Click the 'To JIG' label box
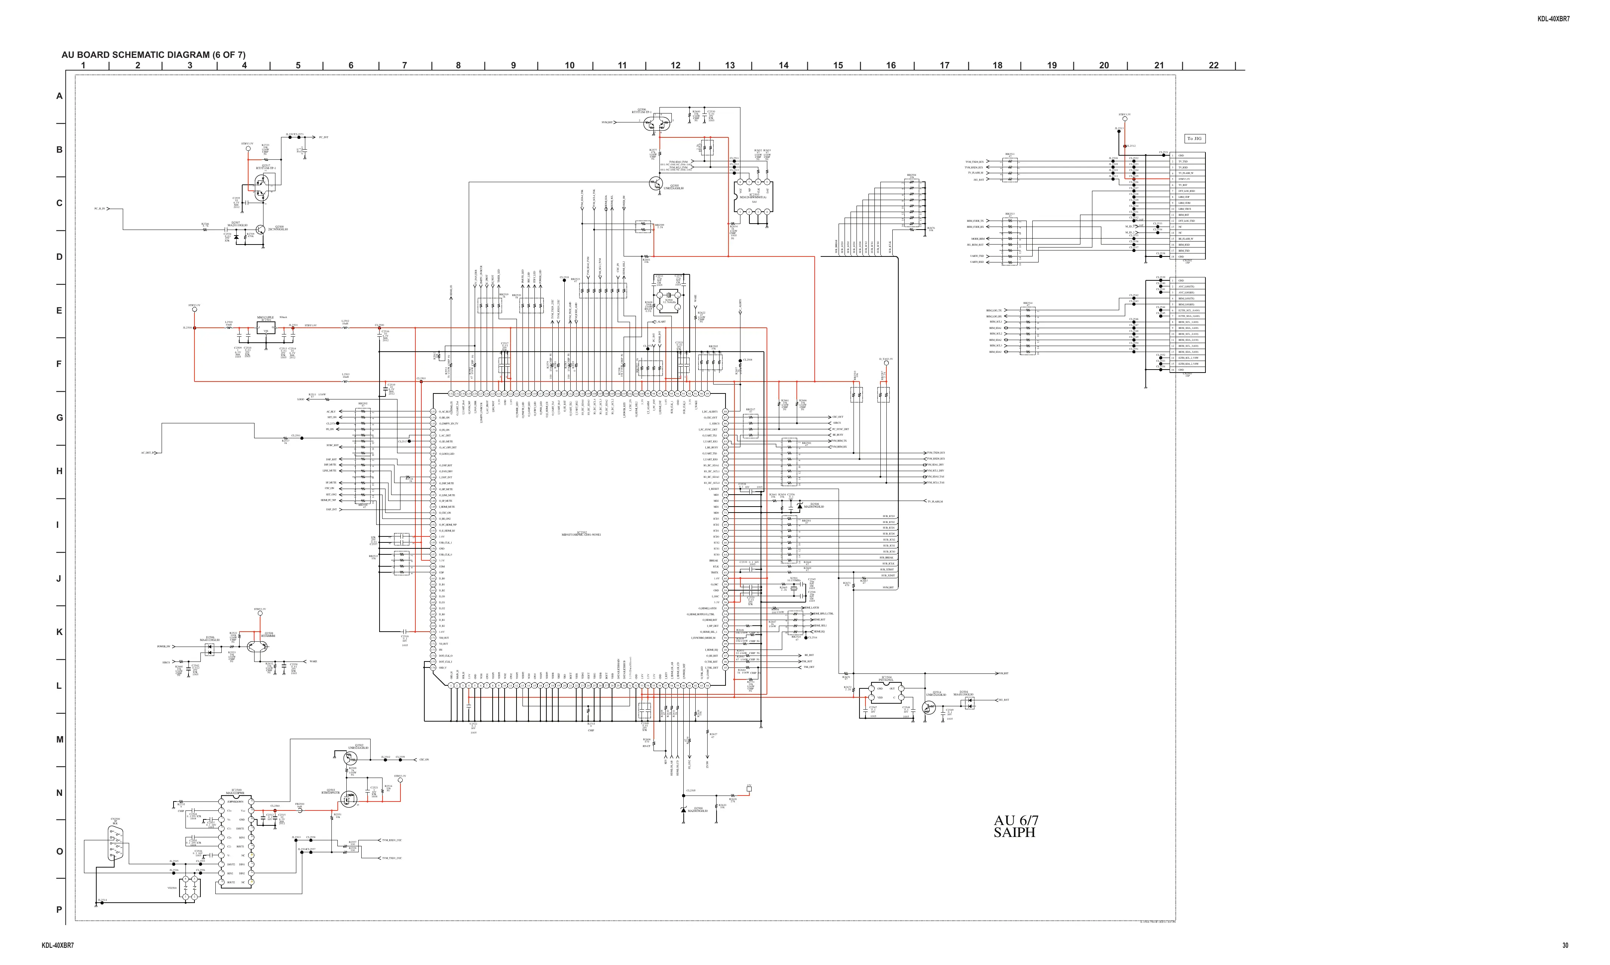[x=1195, y=138]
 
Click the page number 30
[x=1565, y=946]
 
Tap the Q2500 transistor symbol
[x=260, y=230]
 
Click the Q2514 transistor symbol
[x=928, y=707]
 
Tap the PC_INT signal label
[x=324, y=137]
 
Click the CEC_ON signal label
[x=424, y=759]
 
